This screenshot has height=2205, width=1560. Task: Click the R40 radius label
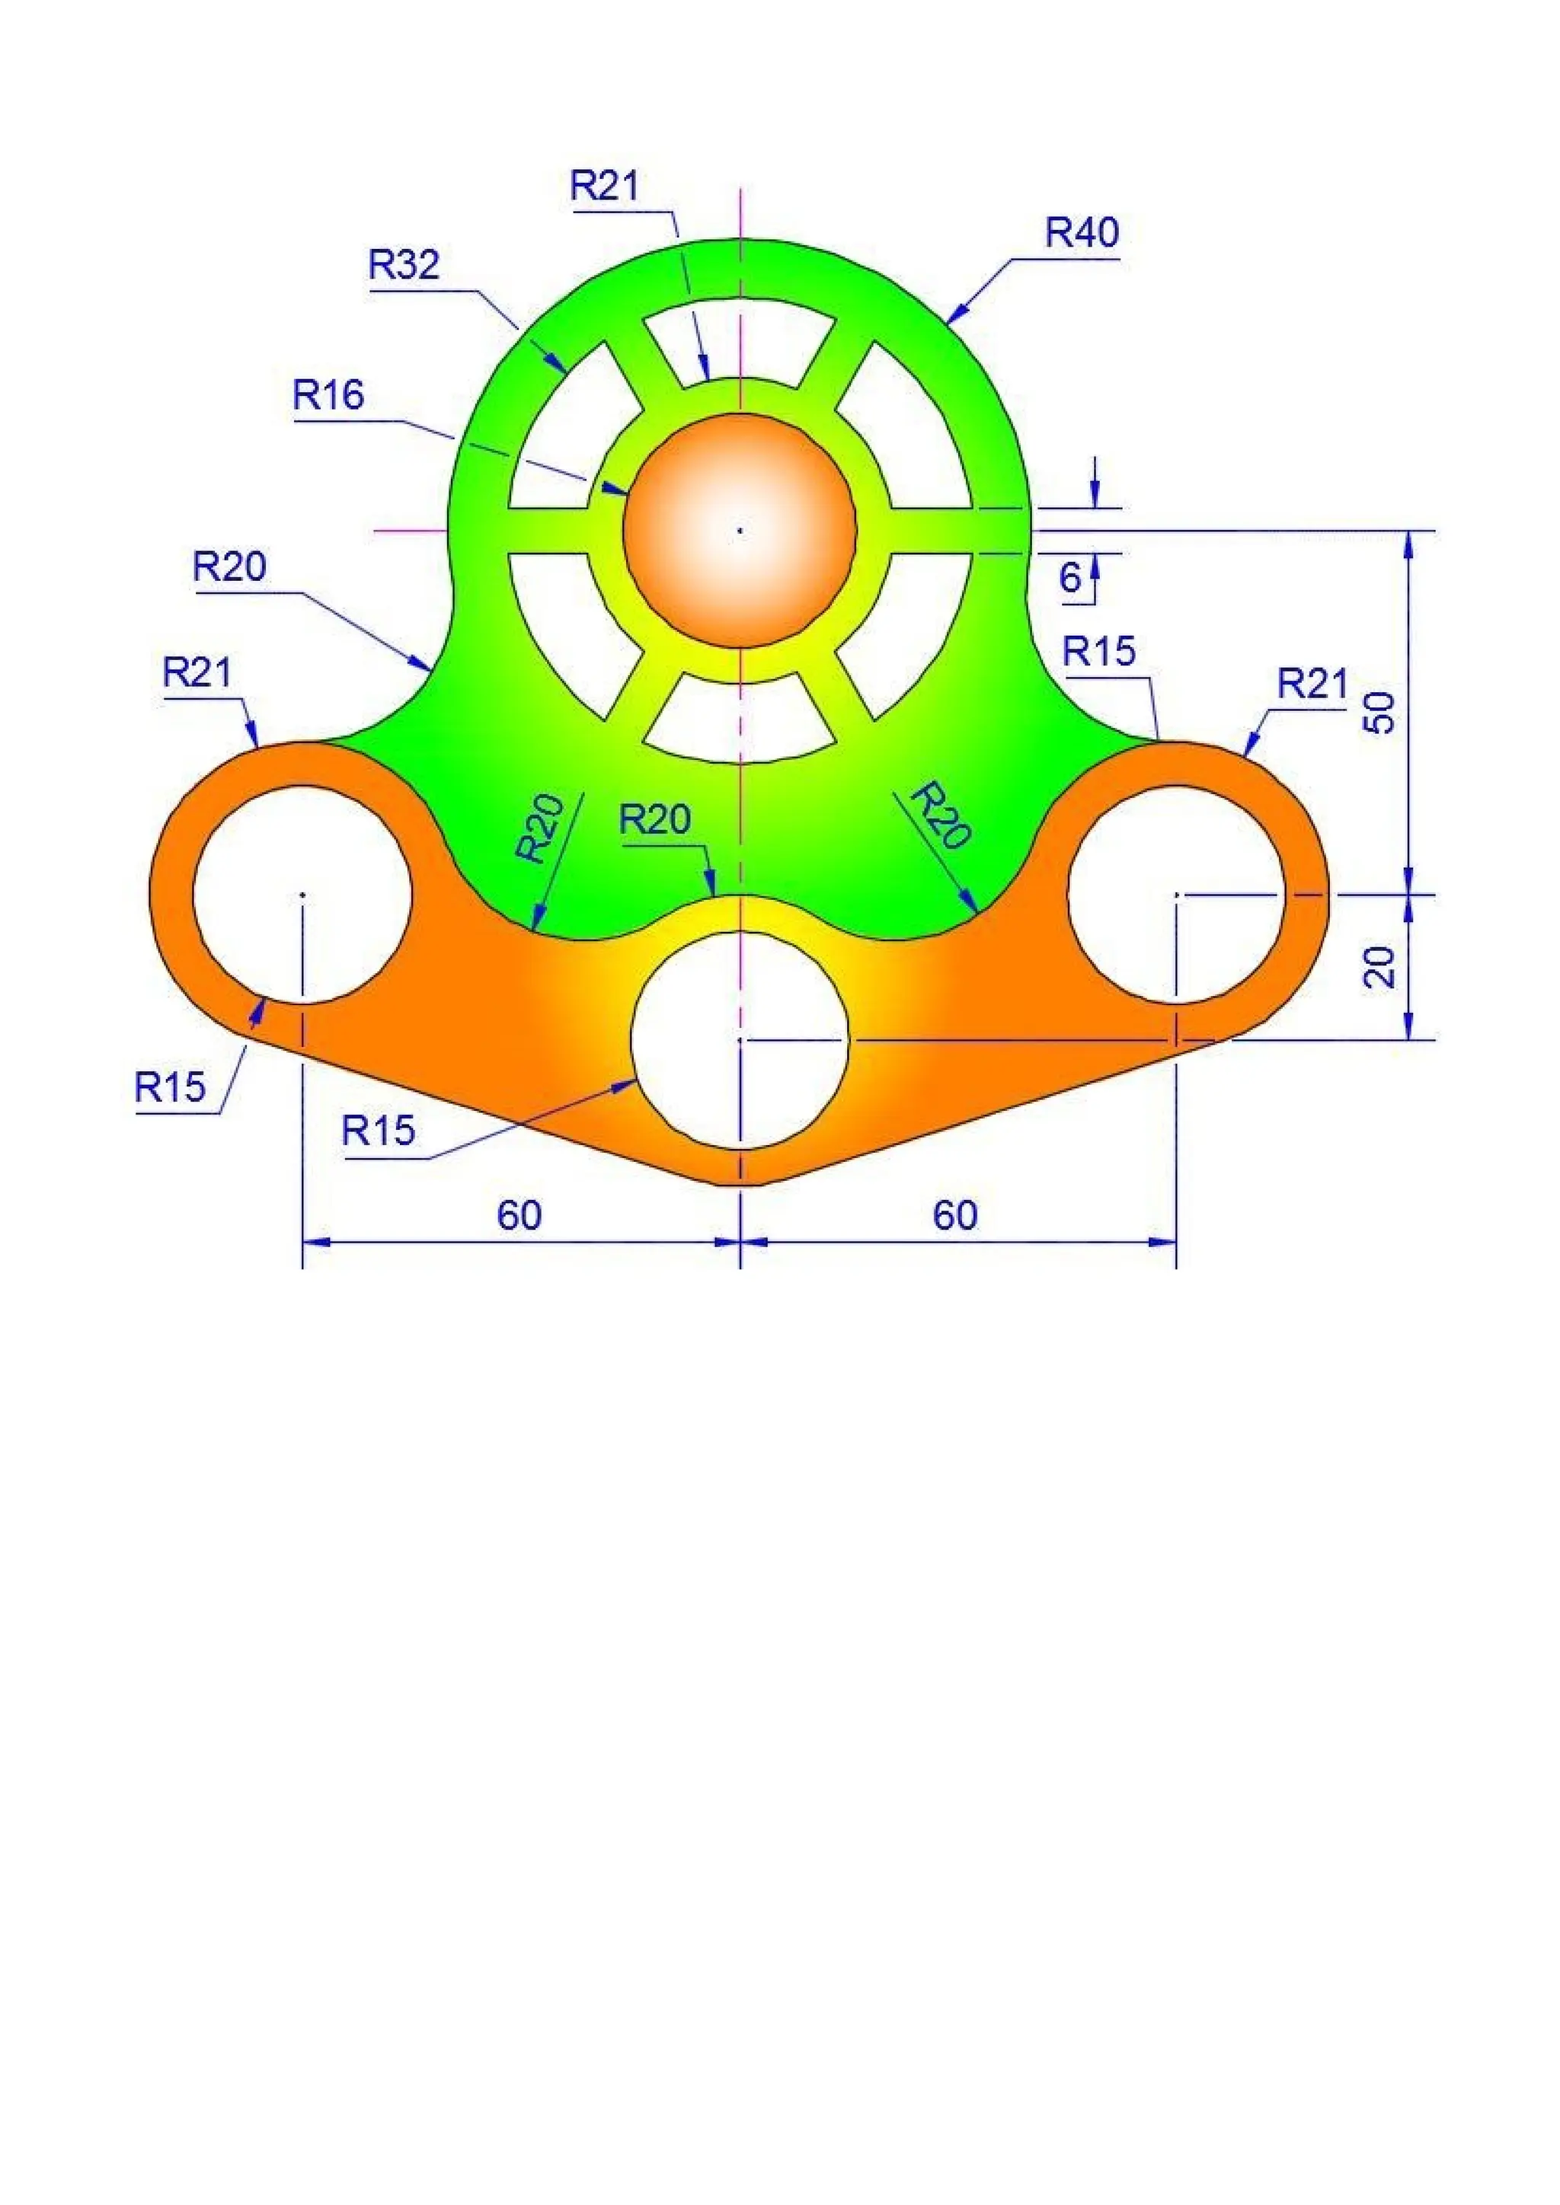tap(1082, 234)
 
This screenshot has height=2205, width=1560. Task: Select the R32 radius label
tap(404, 264)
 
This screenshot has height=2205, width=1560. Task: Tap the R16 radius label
tap(328, 394)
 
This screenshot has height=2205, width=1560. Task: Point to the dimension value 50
tap(1380, 713)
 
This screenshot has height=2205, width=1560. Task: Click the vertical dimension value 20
tap(1380, 966)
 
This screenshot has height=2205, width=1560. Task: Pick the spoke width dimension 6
tap(1070, 578)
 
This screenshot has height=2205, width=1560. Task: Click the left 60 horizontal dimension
tap(519, 1216)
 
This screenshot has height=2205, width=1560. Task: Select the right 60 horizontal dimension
tap(955, 1216)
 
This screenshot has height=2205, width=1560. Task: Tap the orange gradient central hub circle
tap(740, 530)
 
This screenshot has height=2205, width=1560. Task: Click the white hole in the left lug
tap(302, 894)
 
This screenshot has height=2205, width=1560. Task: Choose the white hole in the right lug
tap(1177, 894)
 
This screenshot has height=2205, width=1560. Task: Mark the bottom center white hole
tap(740, 1039)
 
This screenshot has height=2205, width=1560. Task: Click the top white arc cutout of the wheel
tap(740, 341)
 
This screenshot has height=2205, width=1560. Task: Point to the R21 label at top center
tap(604, 185)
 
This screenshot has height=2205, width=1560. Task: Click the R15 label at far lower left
tap(170, 1087)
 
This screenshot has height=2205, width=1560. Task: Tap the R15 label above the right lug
tap(1099, 652)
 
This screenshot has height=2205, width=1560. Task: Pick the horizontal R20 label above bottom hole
tap(655, 820)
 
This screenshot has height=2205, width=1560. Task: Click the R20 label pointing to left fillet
tap(229, 567)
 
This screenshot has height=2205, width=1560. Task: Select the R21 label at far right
tap(1313, 684)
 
